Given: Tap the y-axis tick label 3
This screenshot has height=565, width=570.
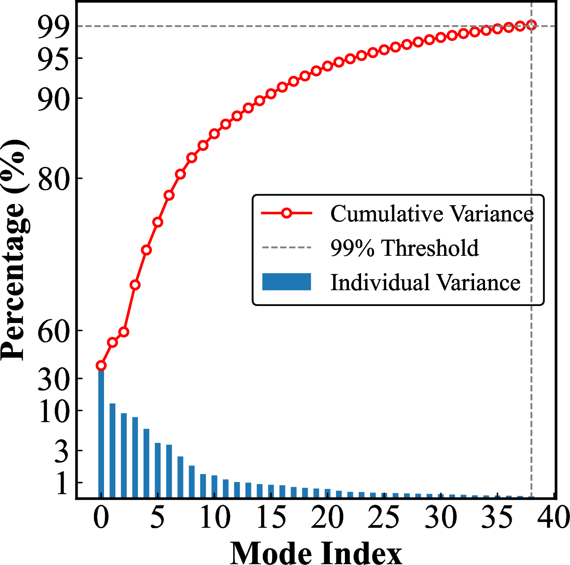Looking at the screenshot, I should click(x=62, y=452).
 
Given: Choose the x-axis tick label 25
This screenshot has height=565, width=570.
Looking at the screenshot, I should click(x=384, y=518).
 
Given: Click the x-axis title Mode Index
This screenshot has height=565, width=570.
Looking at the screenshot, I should click(x=316, y=553).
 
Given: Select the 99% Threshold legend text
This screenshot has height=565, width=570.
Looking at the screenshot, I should click(x=404, y=248).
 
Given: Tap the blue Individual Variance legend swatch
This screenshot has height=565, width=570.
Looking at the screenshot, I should click(x=287, y=282).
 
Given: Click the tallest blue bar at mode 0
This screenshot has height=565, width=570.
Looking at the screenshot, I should click(x=101, y=433).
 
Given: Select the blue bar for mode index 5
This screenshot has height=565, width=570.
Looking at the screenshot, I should click(x=158, y=470).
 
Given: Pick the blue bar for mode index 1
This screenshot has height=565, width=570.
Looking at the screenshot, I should click(x=113, y=450).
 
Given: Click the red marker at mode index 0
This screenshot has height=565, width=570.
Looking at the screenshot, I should click(x=101, y=366).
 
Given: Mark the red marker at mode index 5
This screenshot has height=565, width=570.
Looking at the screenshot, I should click(x=158, y=222).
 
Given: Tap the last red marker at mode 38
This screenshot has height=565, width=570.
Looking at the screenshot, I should click(x=532, y=25).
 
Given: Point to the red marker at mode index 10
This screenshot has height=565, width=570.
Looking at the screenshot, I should click(x=215, y=134).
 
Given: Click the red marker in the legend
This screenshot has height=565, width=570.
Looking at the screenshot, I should click(x=287, y=213).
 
